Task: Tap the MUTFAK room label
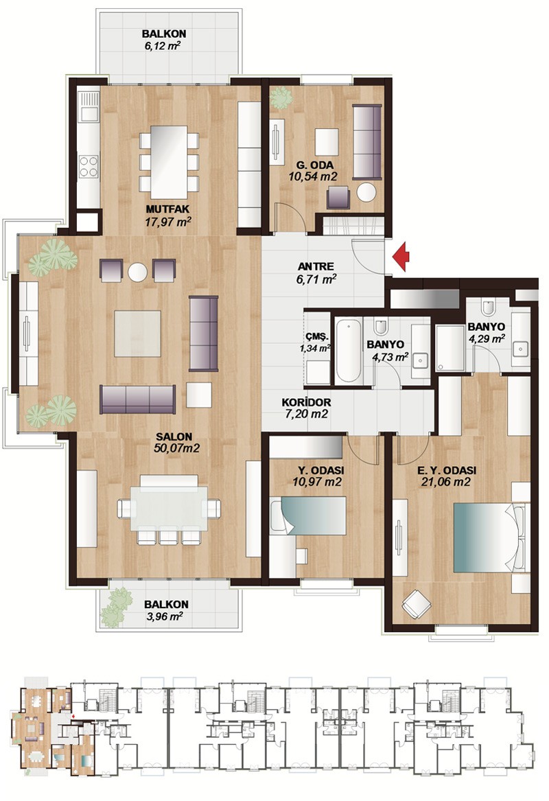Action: point(167,209)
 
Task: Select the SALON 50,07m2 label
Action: point(175,443)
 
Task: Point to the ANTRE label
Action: point(316,266)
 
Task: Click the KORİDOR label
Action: point(306,402)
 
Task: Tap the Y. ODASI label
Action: point(320,470)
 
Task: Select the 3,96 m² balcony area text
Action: point(165,616)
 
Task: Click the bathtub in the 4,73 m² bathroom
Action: point(349,351)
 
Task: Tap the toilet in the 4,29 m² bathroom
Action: point(487,307)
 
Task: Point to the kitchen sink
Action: point(89,106)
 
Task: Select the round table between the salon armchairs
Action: point(138,272)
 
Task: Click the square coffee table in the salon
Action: point(137,334)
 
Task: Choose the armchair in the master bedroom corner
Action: point(417,604)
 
